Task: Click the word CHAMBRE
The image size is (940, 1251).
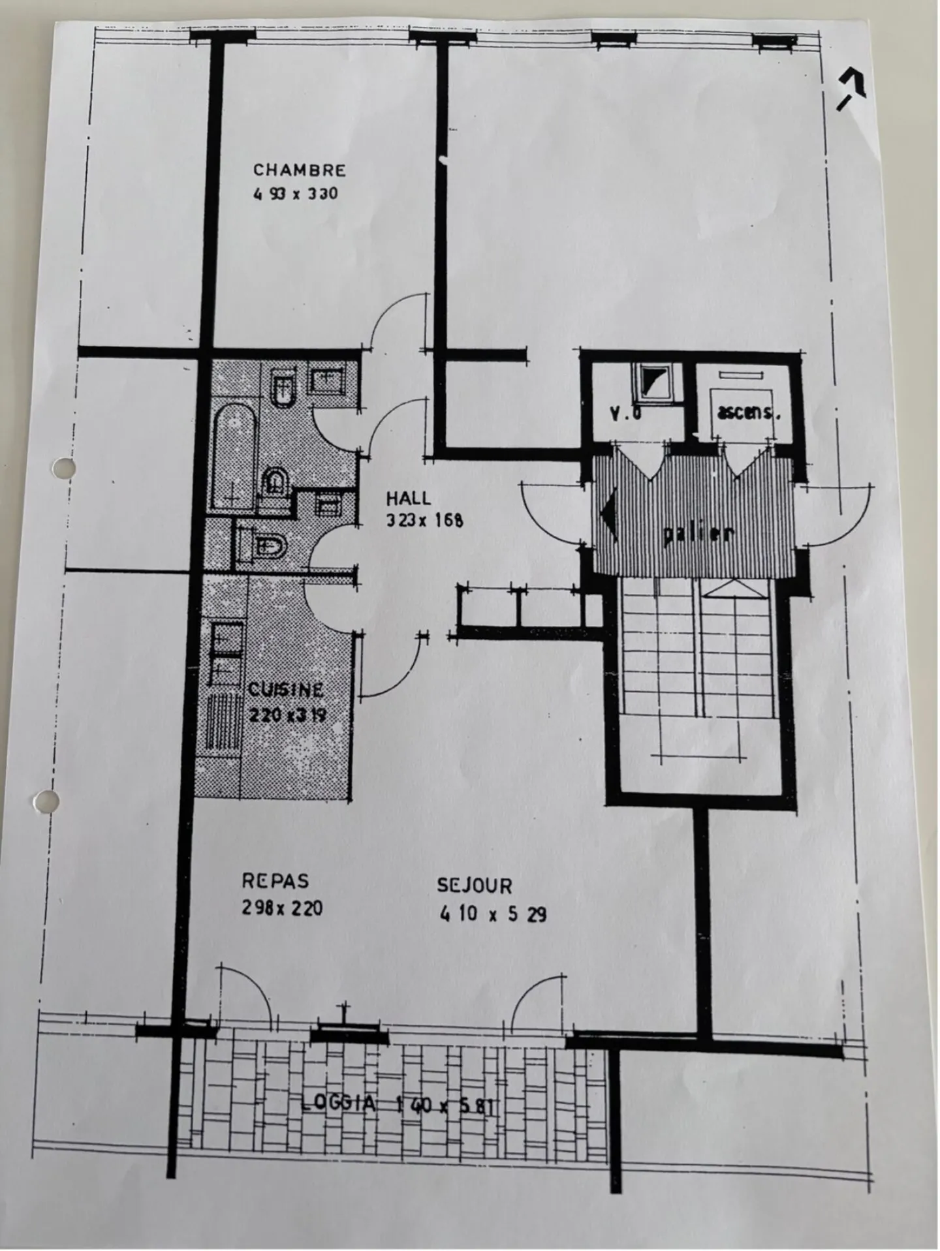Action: [x=299, y=170]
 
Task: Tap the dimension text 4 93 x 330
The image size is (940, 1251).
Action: [x=296, y=194]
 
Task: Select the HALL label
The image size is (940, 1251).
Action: [x=408, y=499]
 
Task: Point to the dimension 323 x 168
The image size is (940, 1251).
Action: [x=424, y=521]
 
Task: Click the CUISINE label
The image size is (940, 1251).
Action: [x=285, y=690]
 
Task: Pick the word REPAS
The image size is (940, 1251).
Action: [x=275, y=881]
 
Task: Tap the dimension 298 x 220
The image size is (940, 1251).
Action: [x=282, y=908]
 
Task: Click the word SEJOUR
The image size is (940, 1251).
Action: [x=474, y=886]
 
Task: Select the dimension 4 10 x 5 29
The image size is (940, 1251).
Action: [x=493, y=914]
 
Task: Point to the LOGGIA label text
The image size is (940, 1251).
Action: [x=339, y=1104]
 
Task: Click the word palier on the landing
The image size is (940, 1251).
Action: [x=698, y=534]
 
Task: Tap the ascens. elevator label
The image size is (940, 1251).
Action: [x=748, y=412]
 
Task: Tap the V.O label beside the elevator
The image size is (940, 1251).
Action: [x=625, y=412]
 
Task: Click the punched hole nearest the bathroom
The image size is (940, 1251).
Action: [x=63, y=467]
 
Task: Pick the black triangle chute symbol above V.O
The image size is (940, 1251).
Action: [x=655, y=380]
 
